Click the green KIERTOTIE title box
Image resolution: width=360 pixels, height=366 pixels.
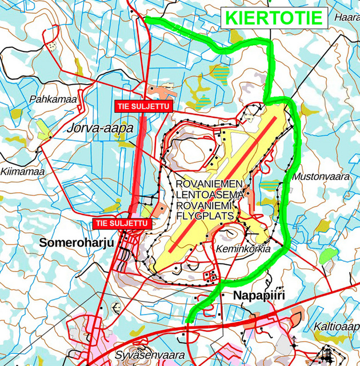274,17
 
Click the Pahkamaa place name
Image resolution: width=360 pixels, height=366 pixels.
53,100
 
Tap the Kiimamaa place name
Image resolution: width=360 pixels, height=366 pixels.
23,171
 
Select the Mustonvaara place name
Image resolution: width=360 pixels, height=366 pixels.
321,177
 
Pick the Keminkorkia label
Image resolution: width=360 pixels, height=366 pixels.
243,249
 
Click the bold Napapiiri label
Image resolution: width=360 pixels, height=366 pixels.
259,295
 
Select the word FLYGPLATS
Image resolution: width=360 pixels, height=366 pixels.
206,216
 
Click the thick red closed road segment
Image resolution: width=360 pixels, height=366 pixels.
137,166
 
